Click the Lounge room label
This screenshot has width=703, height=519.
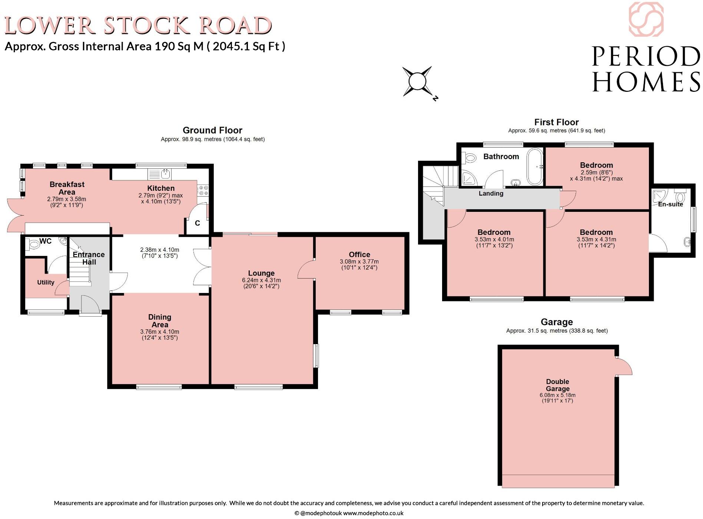click(261, 273)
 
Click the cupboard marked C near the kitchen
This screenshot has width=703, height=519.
click(197, 223)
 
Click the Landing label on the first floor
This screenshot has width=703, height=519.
click(491, 193)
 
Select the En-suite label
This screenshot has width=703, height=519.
click(670, 204)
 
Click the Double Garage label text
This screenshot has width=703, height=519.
click(557, 385)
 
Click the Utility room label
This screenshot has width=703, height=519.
click(46, 282)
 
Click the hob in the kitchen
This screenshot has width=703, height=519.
click(203, 190)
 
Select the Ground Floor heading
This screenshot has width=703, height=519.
click(212, 130)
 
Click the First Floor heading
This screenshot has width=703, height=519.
click(556, 122)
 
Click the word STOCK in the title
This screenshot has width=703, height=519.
click(148, 26)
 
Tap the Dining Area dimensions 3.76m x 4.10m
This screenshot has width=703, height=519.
click(160, 335)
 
